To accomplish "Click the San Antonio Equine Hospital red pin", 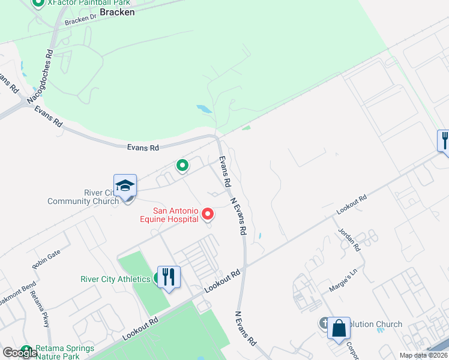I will [208, 213].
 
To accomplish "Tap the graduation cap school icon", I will [125, 185].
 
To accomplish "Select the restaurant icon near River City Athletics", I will [169, 277].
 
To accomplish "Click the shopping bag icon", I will [339, 328].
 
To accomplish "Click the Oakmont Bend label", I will [16, 294].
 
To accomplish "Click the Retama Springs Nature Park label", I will [64, 352].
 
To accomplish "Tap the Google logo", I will [20, 352].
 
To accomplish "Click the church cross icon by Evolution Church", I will [325, 324].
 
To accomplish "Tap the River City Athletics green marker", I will [157, 278].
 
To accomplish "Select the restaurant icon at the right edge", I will [444, 141].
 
